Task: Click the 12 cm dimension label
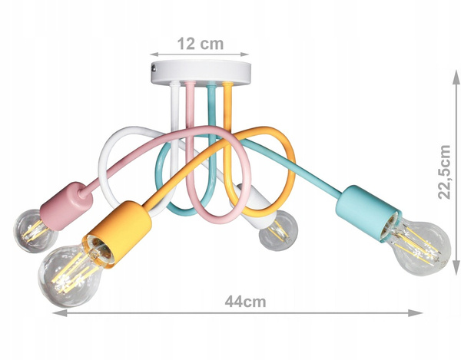pyautogui.click(x=201, y=44)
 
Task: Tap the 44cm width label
pyautogui.click(x=246, y=302)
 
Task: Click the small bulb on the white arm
pyautogui.click(x=277, y=229)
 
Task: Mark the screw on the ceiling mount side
pyautogui.click(x=154, y=71)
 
